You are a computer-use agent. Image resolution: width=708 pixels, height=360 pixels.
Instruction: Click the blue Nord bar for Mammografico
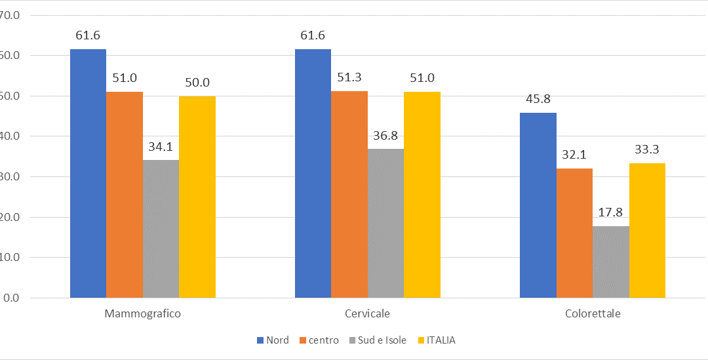tap(88, 174)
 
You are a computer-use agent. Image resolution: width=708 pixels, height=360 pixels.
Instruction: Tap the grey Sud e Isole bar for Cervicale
tap(385, 224)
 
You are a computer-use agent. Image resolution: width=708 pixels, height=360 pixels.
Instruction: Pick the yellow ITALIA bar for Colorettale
tap(647, 231)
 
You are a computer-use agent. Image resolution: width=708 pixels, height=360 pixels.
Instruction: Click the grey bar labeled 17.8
tap(610, 262)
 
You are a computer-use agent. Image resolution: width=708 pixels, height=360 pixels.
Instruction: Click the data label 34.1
tap(160, 146)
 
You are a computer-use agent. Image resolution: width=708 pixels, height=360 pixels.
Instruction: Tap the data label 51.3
tap(349, 77)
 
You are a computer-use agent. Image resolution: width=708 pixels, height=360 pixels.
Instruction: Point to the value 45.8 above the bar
tap(538, 100)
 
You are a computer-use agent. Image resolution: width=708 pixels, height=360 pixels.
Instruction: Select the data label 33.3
tap(647, 150)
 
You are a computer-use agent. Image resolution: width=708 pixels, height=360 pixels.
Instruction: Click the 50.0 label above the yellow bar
tap(197, 83)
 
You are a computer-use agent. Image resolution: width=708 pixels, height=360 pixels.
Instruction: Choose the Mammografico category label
tap(142, 313)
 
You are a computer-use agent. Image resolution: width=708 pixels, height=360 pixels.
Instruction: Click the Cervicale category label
tap(367, 313)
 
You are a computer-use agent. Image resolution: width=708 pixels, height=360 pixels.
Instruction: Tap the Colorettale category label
tap(593, 313)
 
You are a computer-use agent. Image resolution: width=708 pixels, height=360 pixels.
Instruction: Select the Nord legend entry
tap(273, 340)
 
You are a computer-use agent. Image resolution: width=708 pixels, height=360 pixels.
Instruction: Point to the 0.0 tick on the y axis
tap(11, 298)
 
